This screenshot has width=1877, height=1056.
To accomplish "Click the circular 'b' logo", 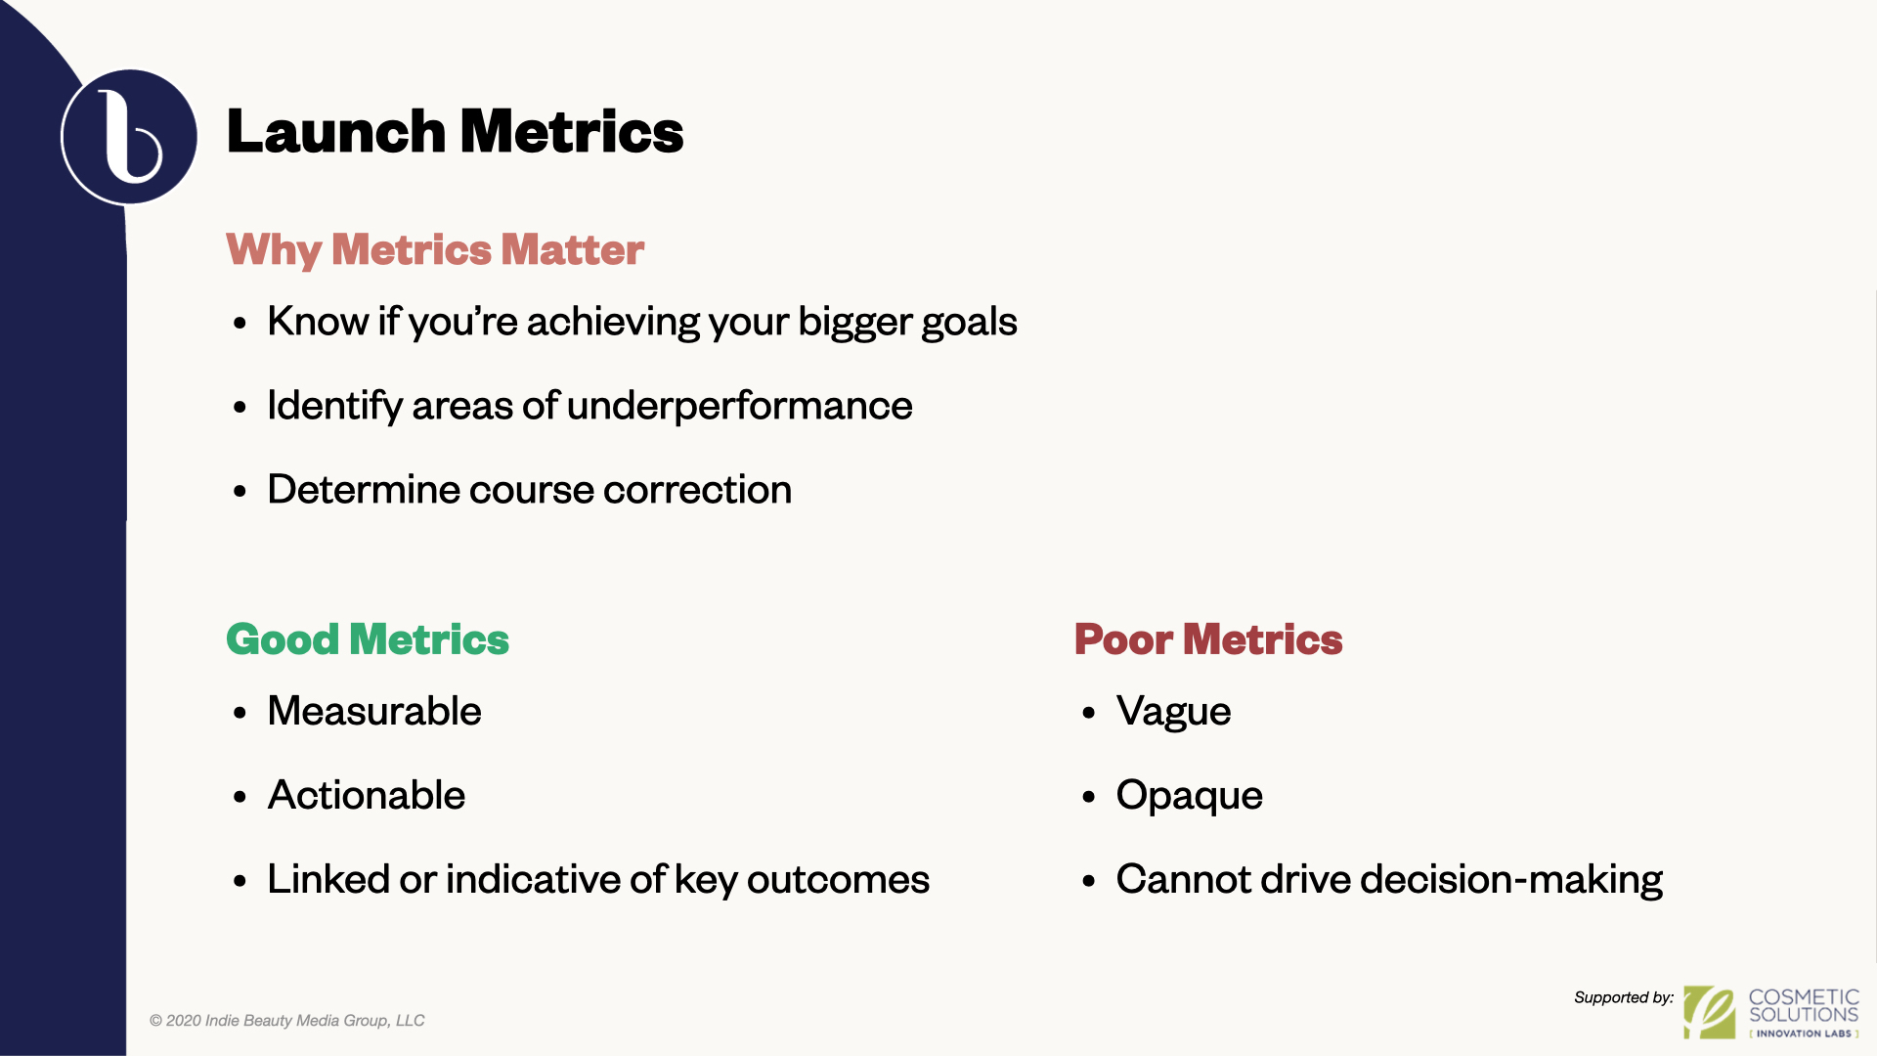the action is [129, 137].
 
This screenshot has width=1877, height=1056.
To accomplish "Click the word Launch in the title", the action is [336, 132].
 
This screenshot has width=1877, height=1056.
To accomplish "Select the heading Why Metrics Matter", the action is [435, 250].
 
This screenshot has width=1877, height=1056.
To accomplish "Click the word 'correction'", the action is [697, 490].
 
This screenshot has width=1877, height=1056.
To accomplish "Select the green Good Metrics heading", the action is [368, 639].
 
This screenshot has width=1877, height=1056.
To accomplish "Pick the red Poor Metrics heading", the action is [1208, 639].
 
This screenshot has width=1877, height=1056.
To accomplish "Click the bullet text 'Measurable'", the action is [374, 711].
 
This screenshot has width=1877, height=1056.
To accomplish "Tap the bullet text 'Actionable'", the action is [367, 795].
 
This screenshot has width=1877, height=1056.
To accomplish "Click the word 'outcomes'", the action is [838, 879].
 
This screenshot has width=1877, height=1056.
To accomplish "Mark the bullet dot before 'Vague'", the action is [1089, 714].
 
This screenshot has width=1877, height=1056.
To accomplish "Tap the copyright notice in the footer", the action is [286, 1021].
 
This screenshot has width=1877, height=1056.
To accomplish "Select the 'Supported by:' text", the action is [1624, 997].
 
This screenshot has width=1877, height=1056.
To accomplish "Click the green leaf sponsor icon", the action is [1709, 1012].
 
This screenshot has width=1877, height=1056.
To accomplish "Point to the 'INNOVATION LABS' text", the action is [1804, 1034].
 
